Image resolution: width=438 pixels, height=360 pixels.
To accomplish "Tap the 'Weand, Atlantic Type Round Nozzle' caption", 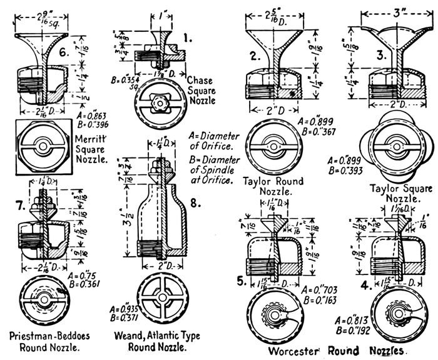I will point(159,339).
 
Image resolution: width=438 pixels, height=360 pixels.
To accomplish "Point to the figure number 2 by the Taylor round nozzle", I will point(253,56).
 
